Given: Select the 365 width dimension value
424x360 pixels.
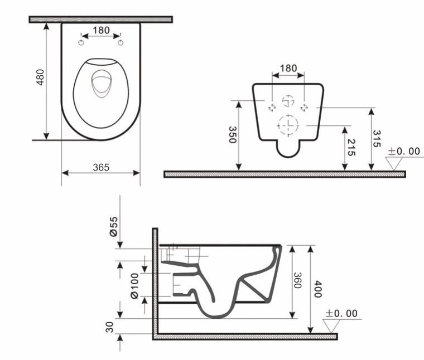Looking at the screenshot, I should pos(100,167).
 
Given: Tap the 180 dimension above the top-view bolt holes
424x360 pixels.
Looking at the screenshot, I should pos(101,31).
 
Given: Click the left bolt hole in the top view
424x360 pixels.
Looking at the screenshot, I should pos(81,43).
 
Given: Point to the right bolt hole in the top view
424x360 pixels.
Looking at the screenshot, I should pos(120,43).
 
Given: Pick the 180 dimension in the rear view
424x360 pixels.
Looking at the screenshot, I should pos(288,68).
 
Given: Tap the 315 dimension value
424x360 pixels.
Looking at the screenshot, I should pos(377,139).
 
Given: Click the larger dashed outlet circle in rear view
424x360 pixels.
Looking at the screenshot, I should pos(288,124).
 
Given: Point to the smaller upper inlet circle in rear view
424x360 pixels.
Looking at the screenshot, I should pos(288,101).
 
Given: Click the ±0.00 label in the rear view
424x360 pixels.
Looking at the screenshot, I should pos(404,151).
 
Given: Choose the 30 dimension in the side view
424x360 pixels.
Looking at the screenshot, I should pos(110,327).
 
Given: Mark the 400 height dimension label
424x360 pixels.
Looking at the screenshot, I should pos(317,288).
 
